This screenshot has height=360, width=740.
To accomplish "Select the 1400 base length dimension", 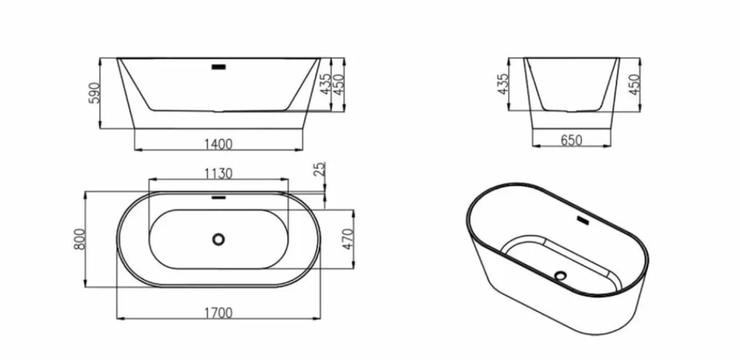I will [x=218, y=144].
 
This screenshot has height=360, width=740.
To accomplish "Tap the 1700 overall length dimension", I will [x=218, y=313].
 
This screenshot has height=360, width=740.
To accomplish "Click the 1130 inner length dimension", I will [x=218, y=173].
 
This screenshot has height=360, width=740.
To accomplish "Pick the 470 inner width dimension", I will [x=347, y=239].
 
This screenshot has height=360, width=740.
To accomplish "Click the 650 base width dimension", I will [x=571, y=141].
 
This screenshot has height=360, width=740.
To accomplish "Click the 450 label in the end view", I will [x=635, y=84].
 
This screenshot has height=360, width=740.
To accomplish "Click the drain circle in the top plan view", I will [x=218, y=239].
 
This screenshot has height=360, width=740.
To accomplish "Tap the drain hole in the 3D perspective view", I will [x=560, y=276].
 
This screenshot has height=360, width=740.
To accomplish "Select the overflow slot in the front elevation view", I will [x=218, y=65].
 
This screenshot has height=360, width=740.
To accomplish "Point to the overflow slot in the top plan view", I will [x=218, y=198].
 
